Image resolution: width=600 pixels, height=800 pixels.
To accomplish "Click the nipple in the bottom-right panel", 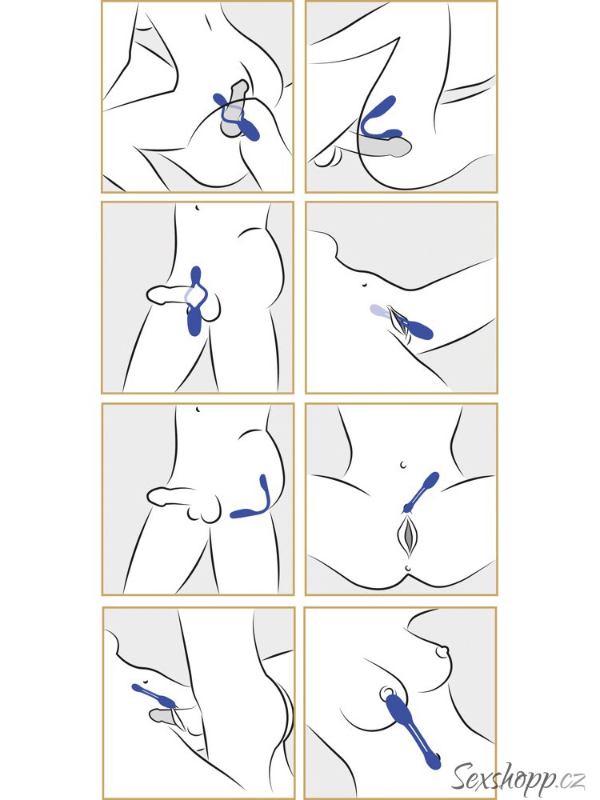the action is tap(442, 651).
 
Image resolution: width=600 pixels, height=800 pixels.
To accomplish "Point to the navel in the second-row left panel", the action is tap(197, 208).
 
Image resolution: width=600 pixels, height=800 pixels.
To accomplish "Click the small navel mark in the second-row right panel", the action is tap(364, 285).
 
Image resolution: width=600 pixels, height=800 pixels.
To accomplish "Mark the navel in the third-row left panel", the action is tap(197, 409).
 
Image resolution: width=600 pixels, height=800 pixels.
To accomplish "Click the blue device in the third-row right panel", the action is tap(421, 492).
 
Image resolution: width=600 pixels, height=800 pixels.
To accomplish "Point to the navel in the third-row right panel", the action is tap(403, 465).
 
